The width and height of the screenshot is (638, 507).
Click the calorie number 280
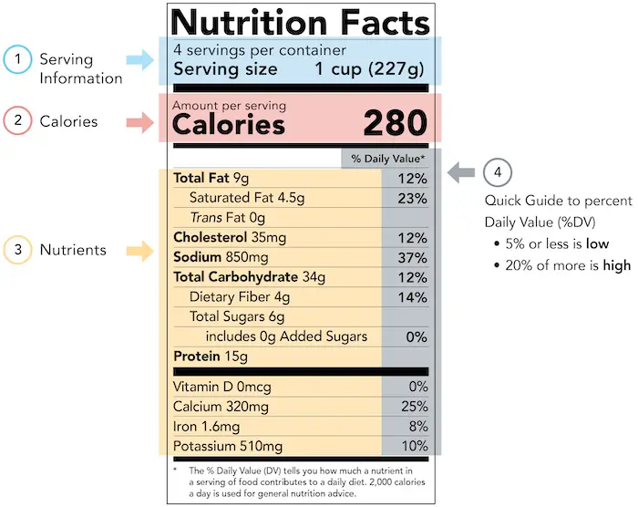tap(395, 123)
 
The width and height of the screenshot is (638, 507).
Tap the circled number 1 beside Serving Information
tap(17, 60)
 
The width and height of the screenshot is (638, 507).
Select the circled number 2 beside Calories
tap(17, 121)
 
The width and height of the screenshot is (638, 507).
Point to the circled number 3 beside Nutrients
tap(17, 249)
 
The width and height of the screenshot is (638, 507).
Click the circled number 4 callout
tap(497, 171)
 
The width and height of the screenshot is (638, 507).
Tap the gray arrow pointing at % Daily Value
tap(463, 171)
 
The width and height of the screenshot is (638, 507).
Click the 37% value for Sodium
tap(412, 257)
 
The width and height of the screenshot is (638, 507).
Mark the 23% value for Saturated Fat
tap(412, 197)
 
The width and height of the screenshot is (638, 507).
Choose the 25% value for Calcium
tap(412, 406)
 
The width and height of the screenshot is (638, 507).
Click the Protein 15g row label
tap(210, 357)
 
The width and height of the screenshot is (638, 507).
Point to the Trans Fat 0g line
tap(227, 217)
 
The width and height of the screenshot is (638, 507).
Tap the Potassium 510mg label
tap(227, 446)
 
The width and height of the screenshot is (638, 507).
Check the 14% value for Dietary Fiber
tap(412, 297)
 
